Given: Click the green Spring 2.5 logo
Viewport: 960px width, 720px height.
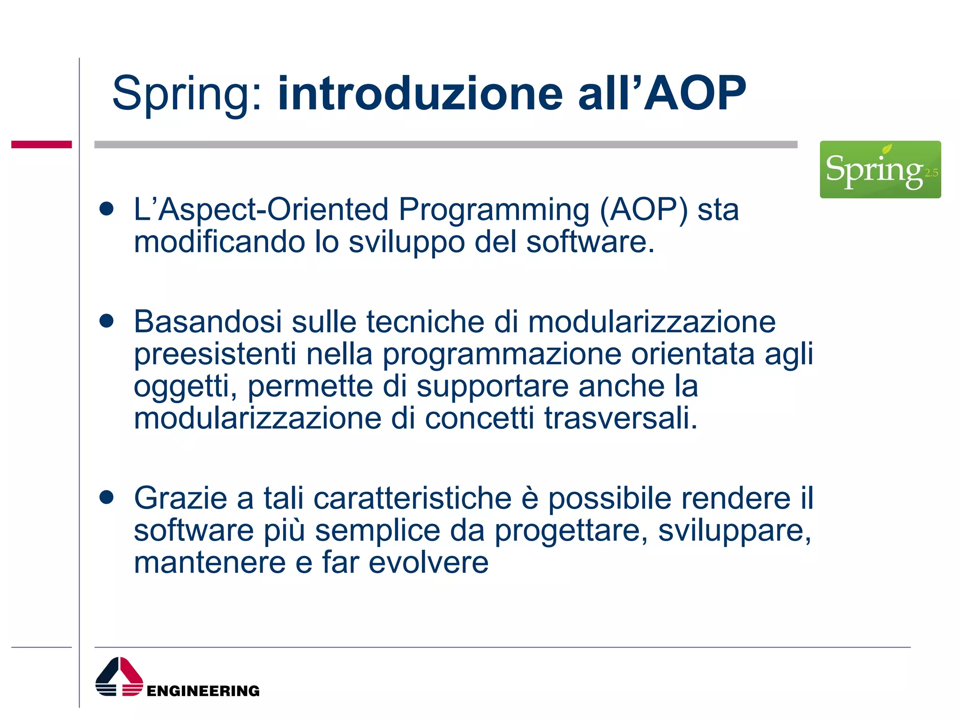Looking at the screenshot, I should point(880,169).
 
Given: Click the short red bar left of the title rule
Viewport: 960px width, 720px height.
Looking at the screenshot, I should point(41,144).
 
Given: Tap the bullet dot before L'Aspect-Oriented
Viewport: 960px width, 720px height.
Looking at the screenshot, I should point(107,209).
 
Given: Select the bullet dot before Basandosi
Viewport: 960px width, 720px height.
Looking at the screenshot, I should point(107,321).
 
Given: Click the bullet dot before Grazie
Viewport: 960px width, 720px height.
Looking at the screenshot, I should point(107,497).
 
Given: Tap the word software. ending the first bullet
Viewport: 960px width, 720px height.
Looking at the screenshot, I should point(590,242).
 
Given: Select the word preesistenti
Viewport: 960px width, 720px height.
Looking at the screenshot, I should point(215,354).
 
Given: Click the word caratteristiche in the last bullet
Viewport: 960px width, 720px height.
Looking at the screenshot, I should point(412,498).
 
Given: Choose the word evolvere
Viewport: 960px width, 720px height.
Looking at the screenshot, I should point(428,562).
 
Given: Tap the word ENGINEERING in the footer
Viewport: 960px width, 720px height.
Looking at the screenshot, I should point(203,690).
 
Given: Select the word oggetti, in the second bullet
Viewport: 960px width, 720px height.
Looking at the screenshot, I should point(185,387).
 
